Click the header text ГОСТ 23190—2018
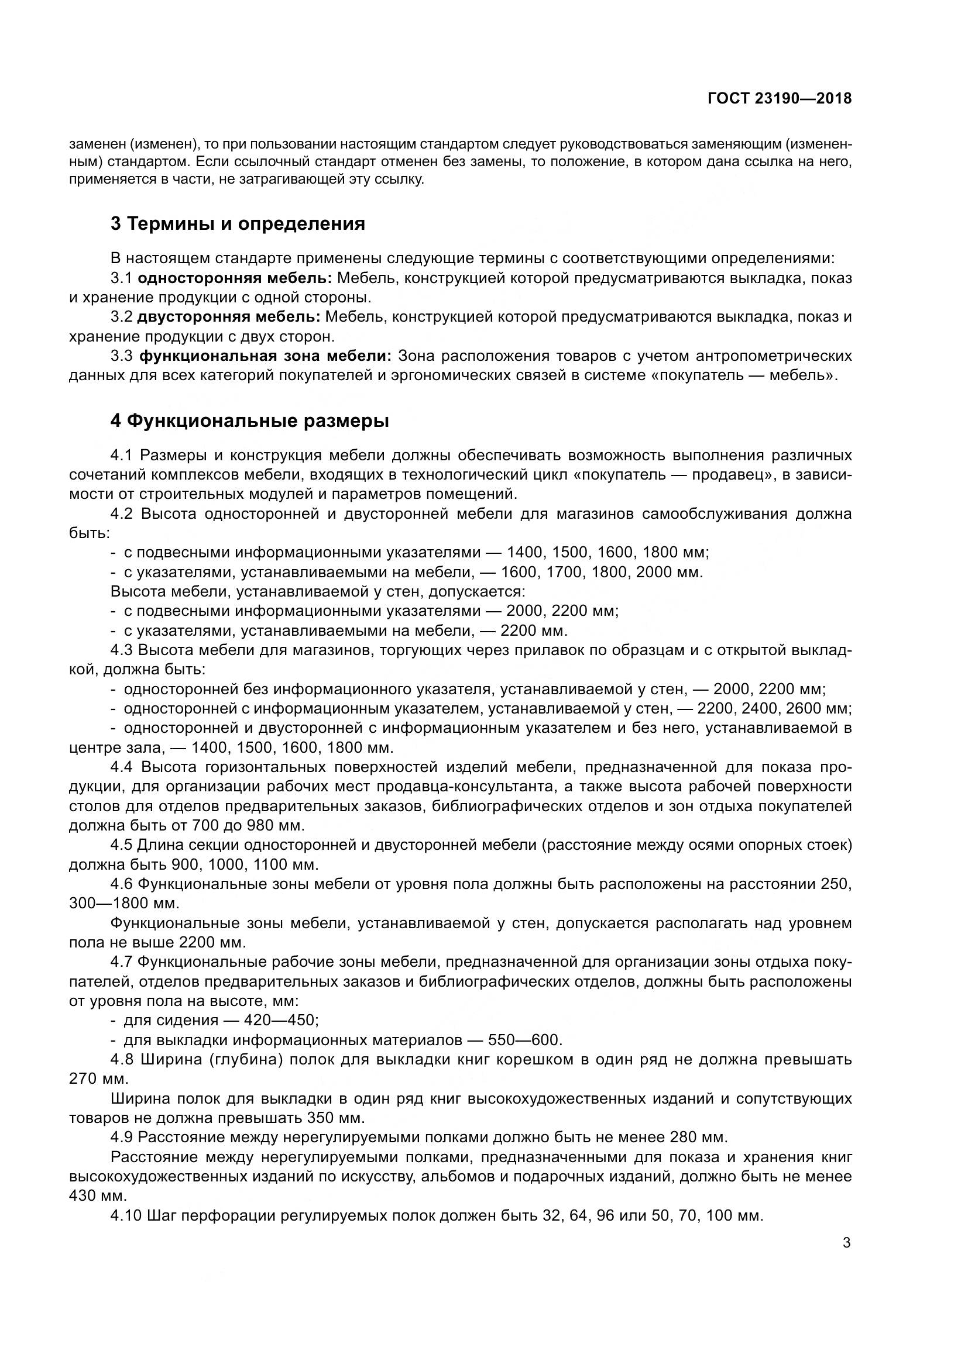[780, 99]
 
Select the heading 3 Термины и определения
[238, 224]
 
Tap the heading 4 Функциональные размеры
[250, 421]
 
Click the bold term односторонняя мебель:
[235, 278]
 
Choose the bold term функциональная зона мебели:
[265, 356]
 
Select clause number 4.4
[122, 767]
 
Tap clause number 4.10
[126, 1215]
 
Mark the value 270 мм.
[98, 1079]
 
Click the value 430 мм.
[98, 1196]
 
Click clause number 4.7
[122, 962]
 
